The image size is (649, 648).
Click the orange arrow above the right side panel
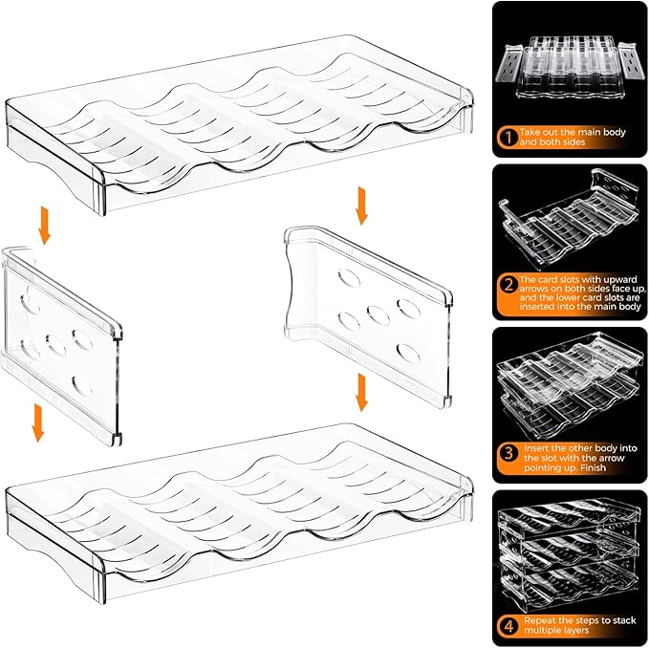361,205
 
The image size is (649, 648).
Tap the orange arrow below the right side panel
361,392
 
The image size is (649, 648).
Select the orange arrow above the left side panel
44,226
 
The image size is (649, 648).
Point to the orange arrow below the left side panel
38,422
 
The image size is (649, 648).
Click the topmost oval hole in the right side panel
349,278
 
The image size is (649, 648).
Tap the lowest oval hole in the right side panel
408,354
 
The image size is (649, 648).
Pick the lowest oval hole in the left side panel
82,386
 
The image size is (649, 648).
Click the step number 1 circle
508,137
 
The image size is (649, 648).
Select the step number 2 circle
508,285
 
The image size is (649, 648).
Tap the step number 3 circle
508,453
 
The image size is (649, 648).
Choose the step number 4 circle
508,626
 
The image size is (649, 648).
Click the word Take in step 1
530,133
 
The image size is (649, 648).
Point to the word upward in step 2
620,280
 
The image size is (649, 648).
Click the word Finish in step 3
594,467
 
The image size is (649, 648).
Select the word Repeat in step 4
539,620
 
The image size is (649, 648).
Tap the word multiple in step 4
542,630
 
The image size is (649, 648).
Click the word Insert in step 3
536,448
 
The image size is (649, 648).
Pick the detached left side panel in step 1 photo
510,64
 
